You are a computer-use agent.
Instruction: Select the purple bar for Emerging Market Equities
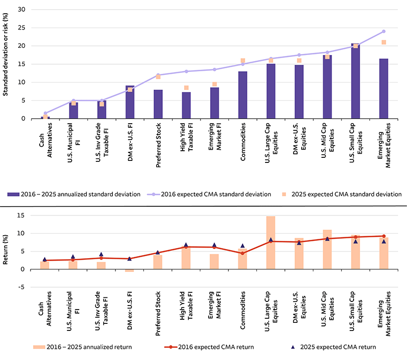384,89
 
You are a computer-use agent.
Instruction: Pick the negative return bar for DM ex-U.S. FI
129,270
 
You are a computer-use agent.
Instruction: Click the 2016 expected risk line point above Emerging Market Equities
384,32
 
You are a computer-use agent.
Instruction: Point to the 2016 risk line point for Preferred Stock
158,75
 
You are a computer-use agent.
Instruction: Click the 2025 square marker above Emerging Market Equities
384,42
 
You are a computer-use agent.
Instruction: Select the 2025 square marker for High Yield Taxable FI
186,88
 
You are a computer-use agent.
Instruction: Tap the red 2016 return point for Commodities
243,253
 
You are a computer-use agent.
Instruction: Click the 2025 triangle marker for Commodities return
243,245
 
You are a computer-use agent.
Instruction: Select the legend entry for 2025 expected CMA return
333,347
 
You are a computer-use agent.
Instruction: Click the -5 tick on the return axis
21,287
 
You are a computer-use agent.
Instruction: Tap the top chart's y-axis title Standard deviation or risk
6,64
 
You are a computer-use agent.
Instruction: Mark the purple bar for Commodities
243,95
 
